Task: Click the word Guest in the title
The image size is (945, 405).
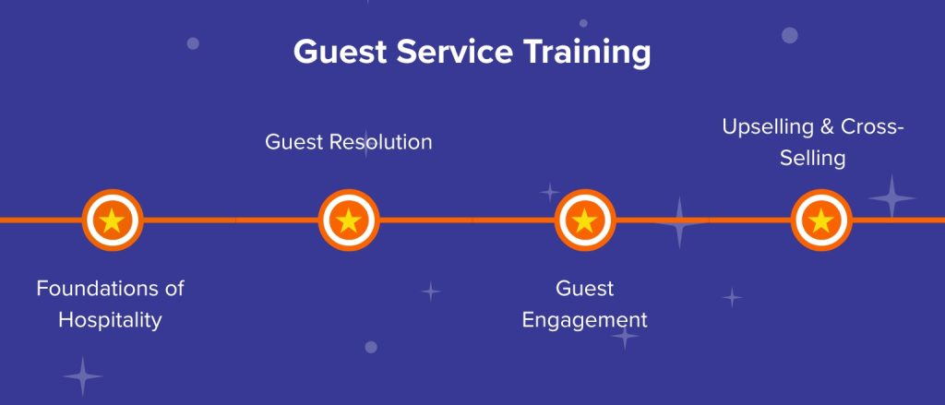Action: [x=340, y=52]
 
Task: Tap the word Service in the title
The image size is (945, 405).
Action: [x=454, y=52]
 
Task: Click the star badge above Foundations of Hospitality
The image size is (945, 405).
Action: [x=112, y=220]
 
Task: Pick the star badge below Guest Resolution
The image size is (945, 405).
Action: [x=349, y=220]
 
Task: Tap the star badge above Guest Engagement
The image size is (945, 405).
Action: [x=585, y=220]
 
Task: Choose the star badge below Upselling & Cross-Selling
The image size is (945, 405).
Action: [x=821, y=220]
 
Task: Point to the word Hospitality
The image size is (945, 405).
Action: [x=111, y=319]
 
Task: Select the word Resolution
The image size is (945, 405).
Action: [x=381, y=142]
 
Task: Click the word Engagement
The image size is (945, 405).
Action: [x=584, y=320]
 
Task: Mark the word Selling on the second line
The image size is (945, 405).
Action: [x=812, y=159]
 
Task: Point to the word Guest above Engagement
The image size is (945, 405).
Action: [x=584, y=288]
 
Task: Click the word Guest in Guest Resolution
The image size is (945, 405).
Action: [x=294, y=142]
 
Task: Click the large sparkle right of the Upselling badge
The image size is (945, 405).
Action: [x=891, y=197]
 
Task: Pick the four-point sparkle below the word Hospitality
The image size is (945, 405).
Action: [x=82, y=376]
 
